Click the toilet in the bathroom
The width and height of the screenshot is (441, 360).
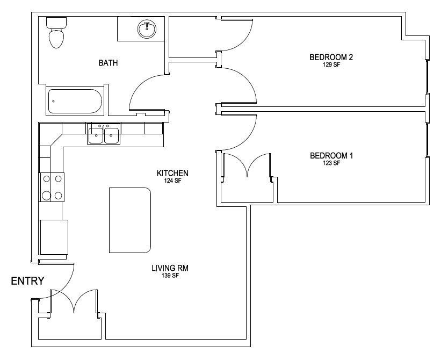point(56,32)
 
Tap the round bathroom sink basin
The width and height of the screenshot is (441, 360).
point(147,29)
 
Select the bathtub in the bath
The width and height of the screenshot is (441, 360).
point(75,101)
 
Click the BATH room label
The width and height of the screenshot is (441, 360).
point(109,63)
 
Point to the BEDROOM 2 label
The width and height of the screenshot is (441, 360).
point(331,57)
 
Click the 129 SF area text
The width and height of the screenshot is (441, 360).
point(331,64)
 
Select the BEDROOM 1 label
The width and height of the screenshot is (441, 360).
point(331,155)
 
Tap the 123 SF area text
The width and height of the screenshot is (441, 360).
point(331,163)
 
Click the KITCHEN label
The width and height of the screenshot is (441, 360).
point(172,173)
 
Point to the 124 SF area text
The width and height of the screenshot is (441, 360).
point(172,181)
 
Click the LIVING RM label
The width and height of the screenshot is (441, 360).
point(170,268)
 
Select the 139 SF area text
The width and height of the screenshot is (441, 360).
point(170,276)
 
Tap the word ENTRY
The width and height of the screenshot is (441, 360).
point(27,281)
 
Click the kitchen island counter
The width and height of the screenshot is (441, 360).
point(130,220)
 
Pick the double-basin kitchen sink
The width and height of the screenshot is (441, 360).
point(104,134)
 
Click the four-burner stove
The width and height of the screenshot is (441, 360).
point(52,187)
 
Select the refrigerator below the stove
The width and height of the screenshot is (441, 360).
point(53,237)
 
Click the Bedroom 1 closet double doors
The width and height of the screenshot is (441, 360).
point(247,165)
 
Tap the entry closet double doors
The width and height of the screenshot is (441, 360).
point(74,301)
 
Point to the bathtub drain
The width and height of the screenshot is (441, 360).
point(53,101)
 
